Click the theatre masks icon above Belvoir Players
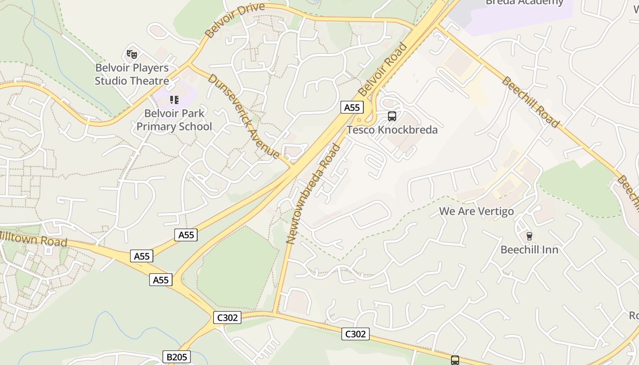[x=132, y=55]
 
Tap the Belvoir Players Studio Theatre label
[x=132, y=74]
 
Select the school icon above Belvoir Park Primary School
[x=174, y=99]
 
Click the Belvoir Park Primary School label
[x=174, y=120]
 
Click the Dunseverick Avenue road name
[x=244, y=116]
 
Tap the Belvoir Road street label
[x=383, y=69]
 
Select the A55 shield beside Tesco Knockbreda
[x=352, y=108]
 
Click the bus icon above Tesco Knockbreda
[x=392, y=116]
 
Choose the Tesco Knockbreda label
[x=392, y=130]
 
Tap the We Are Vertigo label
[x=476, y=211]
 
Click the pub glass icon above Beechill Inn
[x=529, y=236]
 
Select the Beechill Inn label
[x=529, y=250]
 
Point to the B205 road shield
[x=176, y=357]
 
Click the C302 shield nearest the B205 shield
[x=227, y=318]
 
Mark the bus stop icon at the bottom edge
[x=455, y=360]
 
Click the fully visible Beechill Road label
[x=530, y=102]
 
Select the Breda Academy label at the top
[x=524, y=3]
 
